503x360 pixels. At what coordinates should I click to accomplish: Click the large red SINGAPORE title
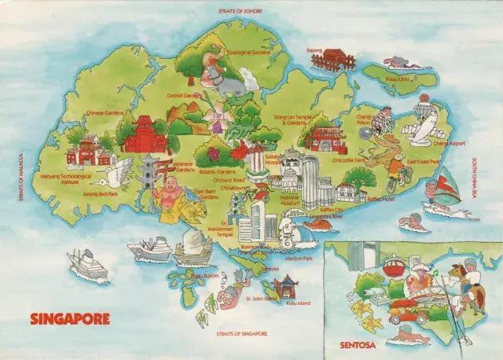click(70, 319)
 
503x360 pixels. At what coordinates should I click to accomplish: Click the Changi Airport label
click(449, 144)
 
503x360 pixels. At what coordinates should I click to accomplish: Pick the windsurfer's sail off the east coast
click(446, 186)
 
